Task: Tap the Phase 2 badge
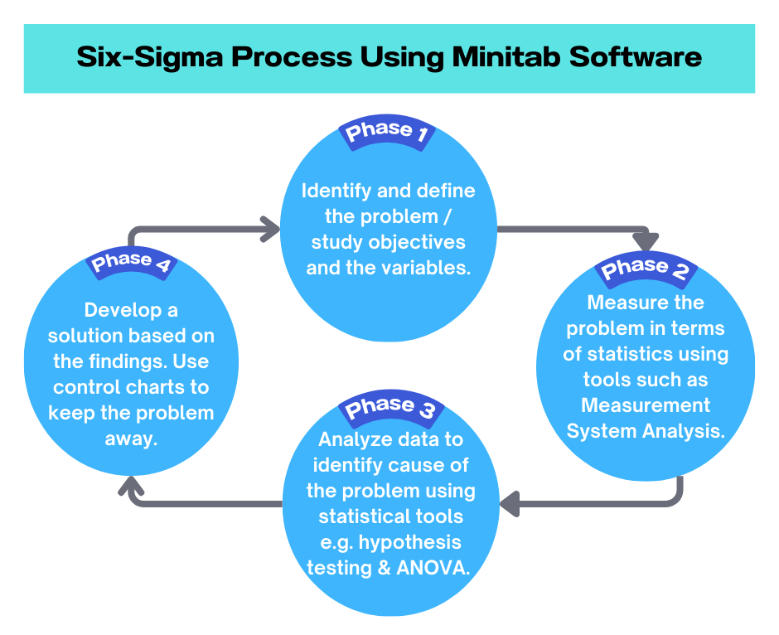[646, 269]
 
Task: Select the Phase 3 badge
[390, 407]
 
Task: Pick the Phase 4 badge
[131, 263]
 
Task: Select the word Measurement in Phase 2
[646, 405]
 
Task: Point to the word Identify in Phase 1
[336, 191]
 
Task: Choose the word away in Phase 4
[131, 439]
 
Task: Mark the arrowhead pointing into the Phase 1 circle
[270, 229]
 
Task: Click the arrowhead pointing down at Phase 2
[646, 240]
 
